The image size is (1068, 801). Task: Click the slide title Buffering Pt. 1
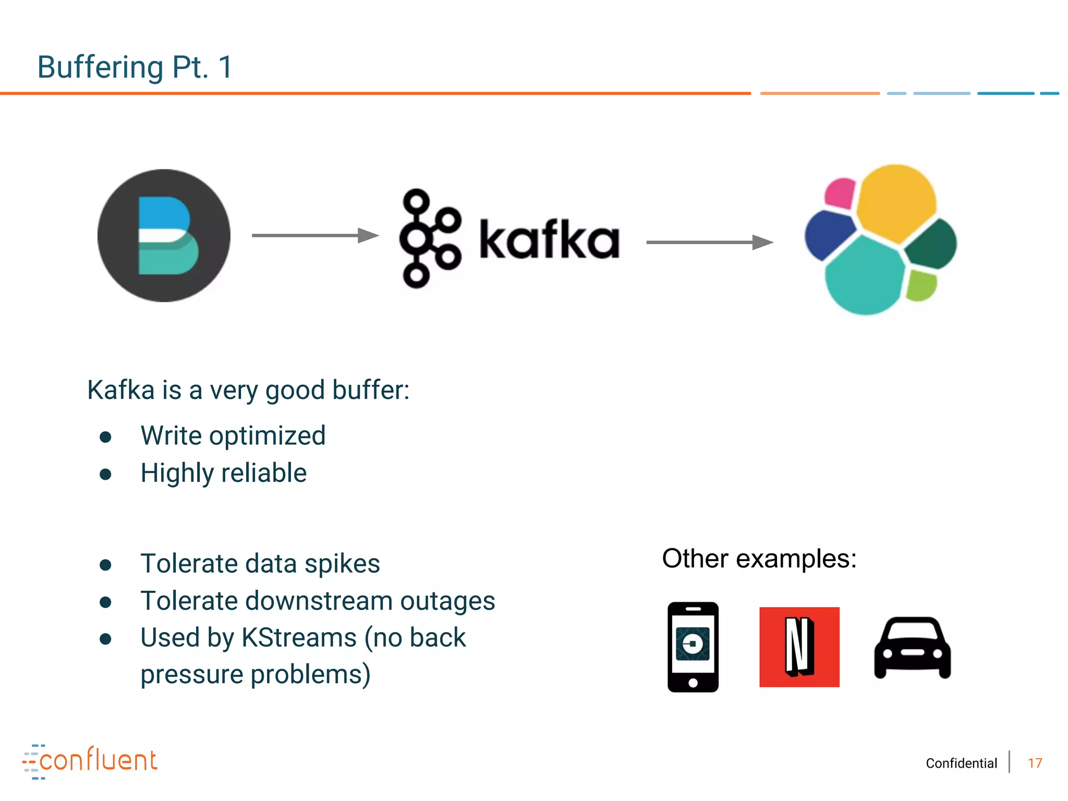point(135,67)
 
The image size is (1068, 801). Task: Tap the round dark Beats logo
point(164,235)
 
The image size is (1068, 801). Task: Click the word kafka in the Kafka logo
point(549,240)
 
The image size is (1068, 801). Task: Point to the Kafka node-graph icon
point(430,238)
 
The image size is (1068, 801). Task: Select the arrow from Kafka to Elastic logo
point(709,242)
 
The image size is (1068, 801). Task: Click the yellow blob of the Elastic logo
point(896,202)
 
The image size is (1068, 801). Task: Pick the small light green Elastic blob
point(921,285)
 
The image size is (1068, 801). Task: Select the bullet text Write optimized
point(233,435)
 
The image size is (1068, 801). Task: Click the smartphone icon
point(693,647)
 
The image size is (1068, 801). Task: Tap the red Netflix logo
point(799,647)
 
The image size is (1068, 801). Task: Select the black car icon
point(912,648)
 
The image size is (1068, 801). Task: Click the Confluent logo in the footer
point(90,761)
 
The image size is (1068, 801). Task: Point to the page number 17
point(1035,763)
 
